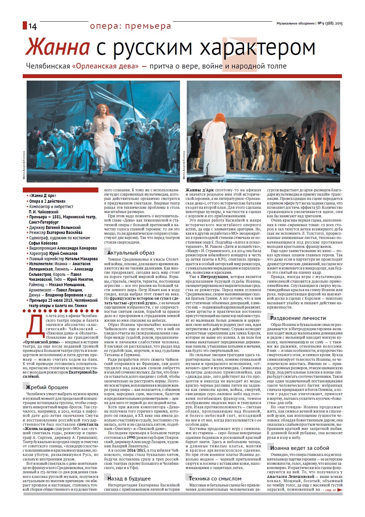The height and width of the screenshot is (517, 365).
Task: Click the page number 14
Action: (32, 26)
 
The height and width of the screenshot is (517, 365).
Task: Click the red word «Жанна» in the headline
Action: (57, 48)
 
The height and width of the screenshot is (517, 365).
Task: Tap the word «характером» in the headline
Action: (257, 48)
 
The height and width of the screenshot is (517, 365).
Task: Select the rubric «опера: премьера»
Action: (130, 26)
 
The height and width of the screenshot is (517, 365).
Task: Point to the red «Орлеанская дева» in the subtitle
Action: (105, 66)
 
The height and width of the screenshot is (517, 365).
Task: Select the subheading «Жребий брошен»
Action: (46, 387)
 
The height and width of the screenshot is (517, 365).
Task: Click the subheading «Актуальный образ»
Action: (131, 253)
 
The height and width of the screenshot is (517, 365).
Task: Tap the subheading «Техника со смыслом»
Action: (215, 478)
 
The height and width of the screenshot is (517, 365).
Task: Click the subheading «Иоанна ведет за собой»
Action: (300, 448)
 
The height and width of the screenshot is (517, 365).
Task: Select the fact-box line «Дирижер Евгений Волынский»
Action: (55, 227)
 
